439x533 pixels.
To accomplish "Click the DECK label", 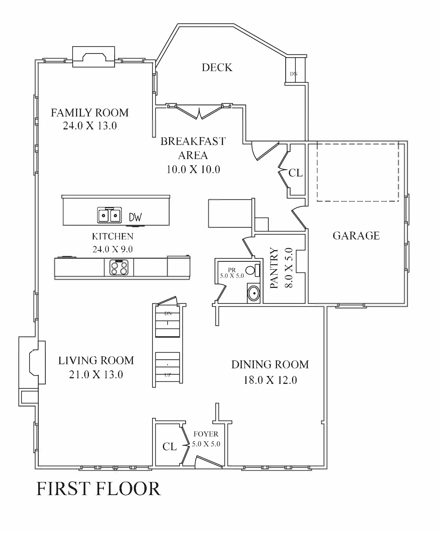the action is (217, 68).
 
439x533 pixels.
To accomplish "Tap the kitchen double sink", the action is (109, 215).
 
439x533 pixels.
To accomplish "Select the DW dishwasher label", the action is (135, 217).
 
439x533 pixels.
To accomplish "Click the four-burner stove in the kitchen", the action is (119, 268).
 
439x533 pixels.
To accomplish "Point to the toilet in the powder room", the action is (253, 270).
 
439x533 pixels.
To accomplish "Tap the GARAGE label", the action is (356, 236).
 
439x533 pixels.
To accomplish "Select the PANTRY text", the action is (274, 268).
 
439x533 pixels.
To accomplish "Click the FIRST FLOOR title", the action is (98, 488).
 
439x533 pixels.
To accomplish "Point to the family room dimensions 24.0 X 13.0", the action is (90, 126).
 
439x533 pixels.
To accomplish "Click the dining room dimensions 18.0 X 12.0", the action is (270, 380).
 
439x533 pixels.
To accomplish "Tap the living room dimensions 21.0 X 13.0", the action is (96, 375).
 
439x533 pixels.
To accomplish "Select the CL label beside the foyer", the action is (169, 447).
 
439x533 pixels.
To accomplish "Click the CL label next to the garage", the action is (295, 173).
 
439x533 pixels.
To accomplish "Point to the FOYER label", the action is (206, 434).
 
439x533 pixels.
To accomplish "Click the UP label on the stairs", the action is (168, 375).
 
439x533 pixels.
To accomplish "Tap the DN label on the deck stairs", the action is (294, 74).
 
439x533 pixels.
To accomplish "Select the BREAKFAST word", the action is (193, 141).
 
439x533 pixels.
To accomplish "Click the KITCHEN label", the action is (112, 236).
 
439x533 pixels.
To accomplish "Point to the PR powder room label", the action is (232, 270).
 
